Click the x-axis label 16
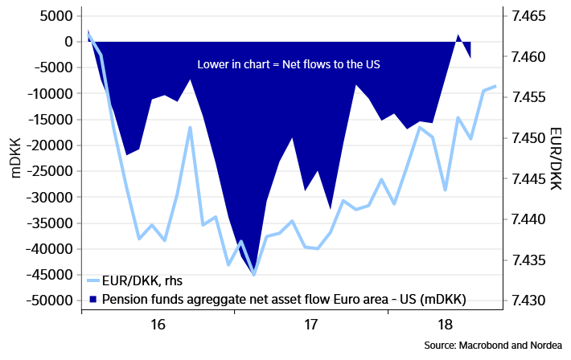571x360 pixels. click(x=158, y=325)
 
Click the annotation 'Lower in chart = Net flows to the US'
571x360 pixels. click(x=287, y=64)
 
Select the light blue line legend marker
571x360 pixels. click(x=93, y=280)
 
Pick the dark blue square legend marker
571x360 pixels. click(x=93, y=300)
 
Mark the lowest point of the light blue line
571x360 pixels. click(x=254, y=275)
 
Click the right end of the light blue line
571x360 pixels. click(x=496, y=86)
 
